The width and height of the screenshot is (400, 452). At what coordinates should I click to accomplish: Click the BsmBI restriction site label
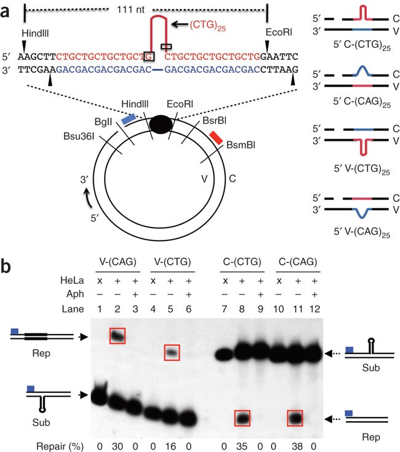pos(241,145)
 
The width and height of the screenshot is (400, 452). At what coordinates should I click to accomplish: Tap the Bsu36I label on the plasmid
pos(79,136)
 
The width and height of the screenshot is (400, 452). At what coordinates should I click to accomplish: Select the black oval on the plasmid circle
pos(161,124)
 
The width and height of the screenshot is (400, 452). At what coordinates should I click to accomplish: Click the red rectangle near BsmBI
pos(216,138)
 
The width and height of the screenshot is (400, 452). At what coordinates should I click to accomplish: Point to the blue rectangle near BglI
pos(129,119)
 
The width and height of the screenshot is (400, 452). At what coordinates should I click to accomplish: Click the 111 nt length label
pos(130,9)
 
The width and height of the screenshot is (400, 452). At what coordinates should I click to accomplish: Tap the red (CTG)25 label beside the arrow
pos(207,26)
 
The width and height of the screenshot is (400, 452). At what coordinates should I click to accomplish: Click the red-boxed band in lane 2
pos(118,336)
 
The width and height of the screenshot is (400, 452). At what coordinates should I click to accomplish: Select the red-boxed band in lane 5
pos(172,352)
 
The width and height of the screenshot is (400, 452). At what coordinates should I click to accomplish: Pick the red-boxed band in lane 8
pos(242,418)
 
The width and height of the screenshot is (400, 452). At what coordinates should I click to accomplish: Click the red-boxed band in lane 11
pos(295,418)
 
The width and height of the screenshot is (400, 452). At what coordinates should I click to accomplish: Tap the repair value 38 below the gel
pos(297,446)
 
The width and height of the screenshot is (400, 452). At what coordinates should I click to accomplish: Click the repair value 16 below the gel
pos(170,446)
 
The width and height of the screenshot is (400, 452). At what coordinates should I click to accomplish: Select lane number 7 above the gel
pos(224,309)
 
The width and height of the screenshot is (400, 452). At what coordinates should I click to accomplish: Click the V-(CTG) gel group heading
pos(172,262)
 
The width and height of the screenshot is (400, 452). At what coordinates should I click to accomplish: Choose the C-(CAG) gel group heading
pos(298,262)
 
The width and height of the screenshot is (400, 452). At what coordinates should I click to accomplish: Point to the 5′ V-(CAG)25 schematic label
pos(362,232)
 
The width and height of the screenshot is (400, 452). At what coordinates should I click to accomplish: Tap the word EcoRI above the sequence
pos(279,32)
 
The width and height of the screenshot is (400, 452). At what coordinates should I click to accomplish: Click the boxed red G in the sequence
pos(149,56)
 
